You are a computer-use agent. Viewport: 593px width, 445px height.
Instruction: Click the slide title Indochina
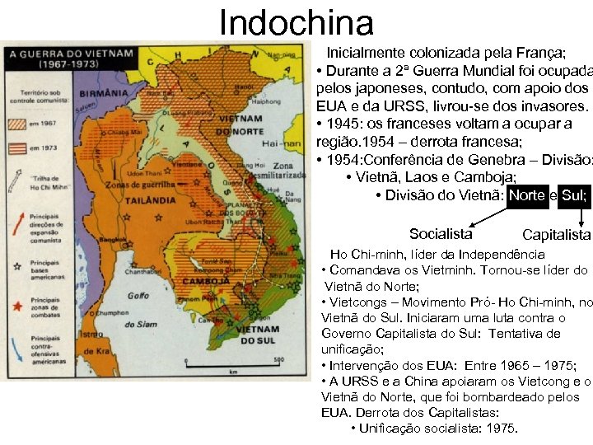[296, 22]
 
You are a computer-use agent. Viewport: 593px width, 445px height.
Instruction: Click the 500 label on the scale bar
[280, 359]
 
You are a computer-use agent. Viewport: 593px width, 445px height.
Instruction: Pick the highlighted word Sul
[574, 195]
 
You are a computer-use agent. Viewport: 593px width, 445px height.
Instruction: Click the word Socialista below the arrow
[441, 234]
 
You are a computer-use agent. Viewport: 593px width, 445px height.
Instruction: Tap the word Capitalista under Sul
[556, 236]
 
